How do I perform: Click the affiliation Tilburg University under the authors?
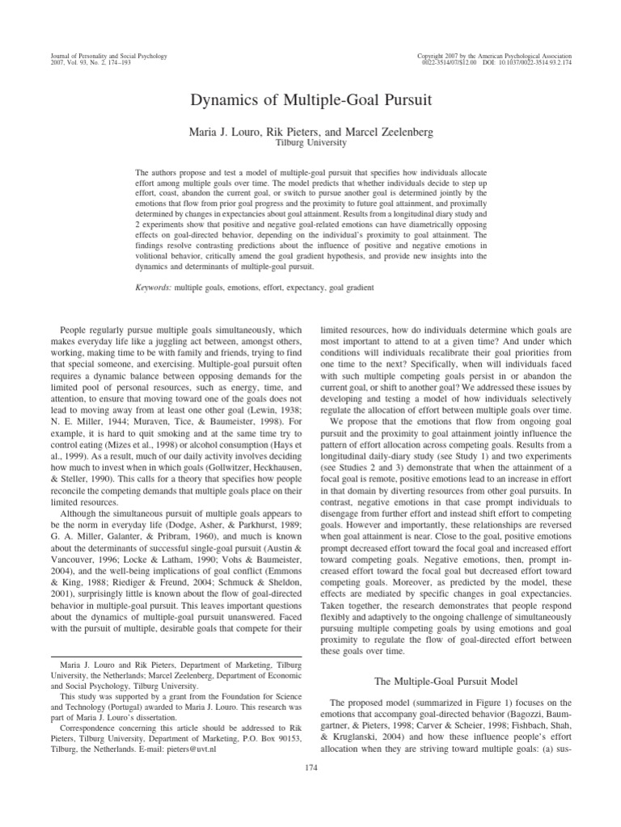[310, 142]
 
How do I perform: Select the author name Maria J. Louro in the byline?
[224, 131]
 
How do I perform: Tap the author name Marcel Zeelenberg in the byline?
[388, 131]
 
